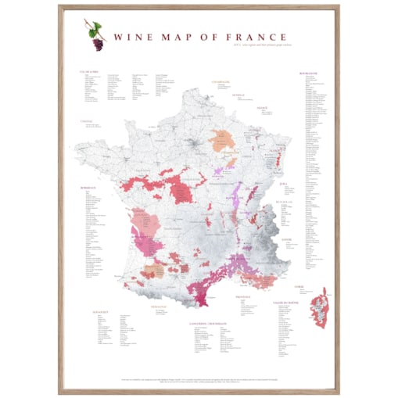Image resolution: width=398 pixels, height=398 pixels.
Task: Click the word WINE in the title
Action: click(x=130, y=36)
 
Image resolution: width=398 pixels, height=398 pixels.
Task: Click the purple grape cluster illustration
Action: click(x=99, y=44)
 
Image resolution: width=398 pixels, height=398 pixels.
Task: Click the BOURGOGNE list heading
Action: click(x=310, y=73)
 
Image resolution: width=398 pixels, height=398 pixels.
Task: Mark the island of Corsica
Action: click(x=320, y=307)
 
